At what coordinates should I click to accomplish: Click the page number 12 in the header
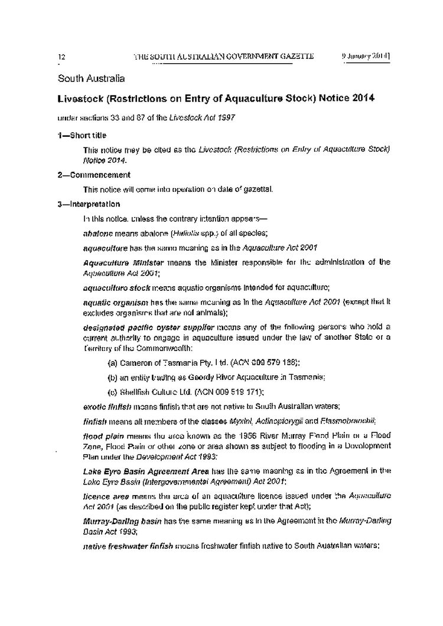click(61, 57)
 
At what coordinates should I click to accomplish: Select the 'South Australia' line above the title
click(91, 78)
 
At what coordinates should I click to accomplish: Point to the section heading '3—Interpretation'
click(89, 205)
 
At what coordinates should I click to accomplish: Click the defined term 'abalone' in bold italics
click(97, 233)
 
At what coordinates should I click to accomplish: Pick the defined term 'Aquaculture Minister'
click(118, 261)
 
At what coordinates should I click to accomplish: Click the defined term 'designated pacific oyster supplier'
click(141, 326)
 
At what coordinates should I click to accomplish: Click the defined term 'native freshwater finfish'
click(128, 547)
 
